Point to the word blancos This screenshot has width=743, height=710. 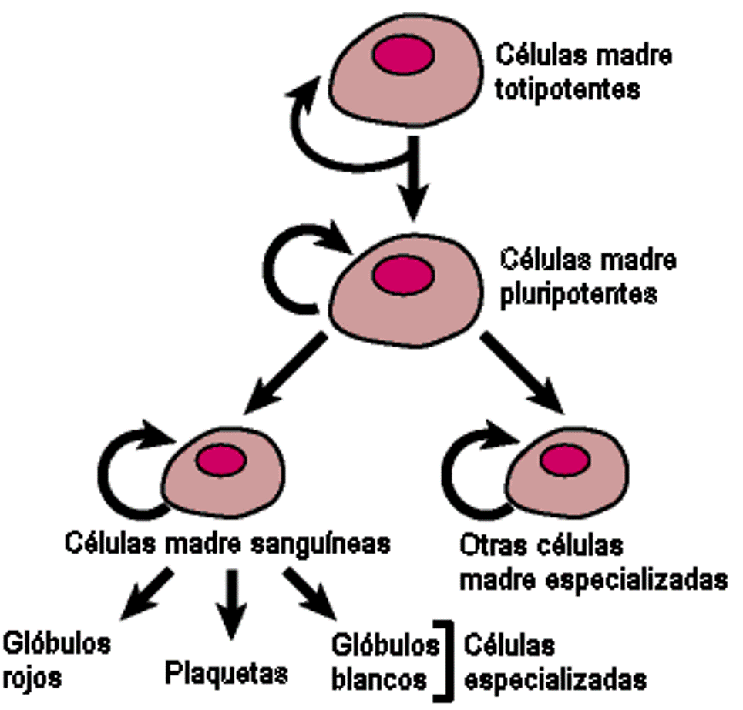(x=380, y=679)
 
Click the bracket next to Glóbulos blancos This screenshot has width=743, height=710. (x=441, y=658)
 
